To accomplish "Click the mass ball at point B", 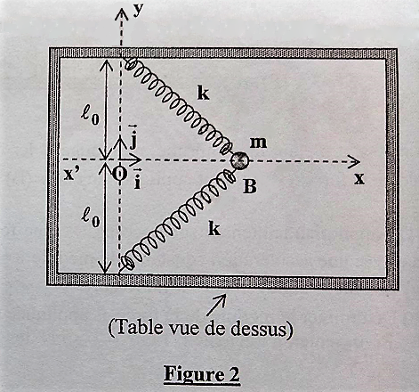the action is point(240,160).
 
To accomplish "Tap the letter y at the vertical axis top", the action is point(138,11).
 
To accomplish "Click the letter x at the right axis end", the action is point(359,178).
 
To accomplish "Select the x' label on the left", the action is point(70,175).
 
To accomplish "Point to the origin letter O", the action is point(119,174).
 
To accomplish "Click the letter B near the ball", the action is point(250,186).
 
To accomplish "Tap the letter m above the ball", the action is point(258,143).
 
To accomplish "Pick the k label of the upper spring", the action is point(204,94).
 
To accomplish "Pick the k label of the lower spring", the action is point(214,229).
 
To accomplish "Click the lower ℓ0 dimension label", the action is point(91,218).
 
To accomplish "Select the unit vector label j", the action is point(133,138).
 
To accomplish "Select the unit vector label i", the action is point(137,179).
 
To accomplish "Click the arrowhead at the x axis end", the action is point(354,161).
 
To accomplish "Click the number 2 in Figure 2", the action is point(233,373).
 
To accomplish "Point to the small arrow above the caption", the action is point(216,305).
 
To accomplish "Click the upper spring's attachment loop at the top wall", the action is point(131,64).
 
